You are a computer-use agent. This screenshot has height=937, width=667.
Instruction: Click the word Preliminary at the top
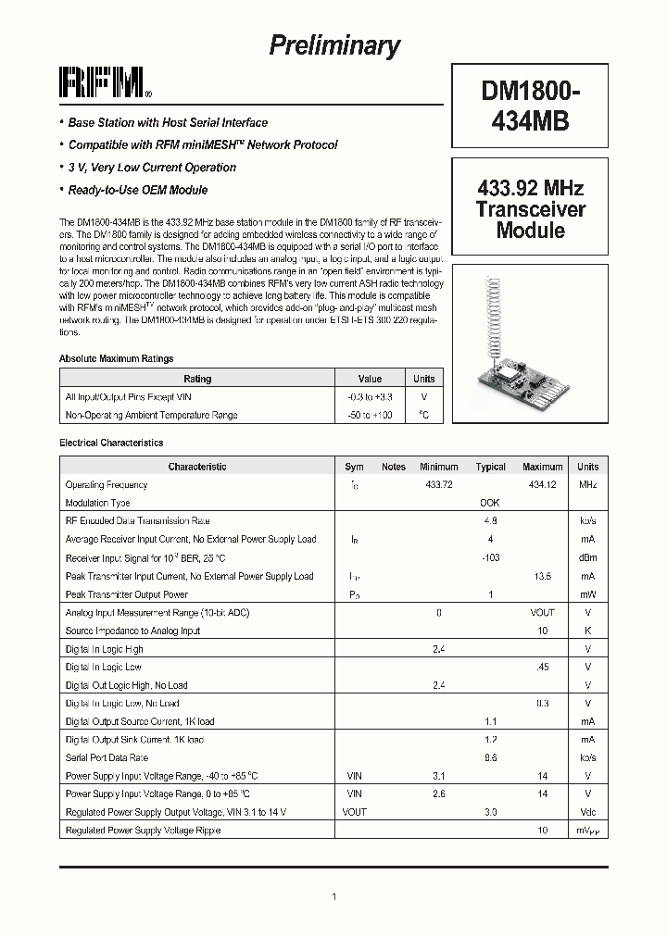click(334, 45)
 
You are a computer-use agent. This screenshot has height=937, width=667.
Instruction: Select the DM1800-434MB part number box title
click(530, 106)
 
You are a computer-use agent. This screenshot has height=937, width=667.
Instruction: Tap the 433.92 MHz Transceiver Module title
click(530, 209)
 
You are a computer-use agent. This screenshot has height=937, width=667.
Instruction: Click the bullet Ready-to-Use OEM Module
click(138, 190)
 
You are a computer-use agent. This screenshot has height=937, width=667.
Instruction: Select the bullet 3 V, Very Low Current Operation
click(152, 168)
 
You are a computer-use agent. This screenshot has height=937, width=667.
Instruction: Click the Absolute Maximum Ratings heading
click(116, 358)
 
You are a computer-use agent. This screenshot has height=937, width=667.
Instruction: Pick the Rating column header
click(197, 379)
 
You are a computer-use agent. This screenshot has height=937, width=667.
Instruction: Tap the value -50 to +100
click(369, 415)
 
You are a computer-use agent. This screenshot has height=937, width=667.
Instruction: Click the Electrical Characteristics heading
click(111, 444)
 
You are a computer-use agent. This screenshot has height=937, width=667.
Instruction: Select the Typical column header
click(490, 467)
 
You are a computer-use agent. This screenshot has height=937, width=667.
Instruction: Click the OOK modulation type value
click(489, 503)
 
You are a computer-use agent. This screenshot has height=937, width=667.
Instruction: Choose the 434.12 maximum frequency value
click(542, 485)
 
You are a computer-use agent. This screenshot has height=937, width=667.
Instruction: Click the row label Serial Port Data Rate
click(107, 757)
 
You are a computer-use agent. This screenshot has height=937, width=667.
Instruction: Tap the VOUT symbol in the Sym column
click(354, 812)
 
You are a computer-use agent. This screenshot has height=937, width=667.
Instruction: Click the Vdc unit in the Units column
click(587, 812)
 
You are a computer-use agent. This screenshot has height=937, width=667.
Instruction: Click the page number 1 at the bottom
click(333, 896)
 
